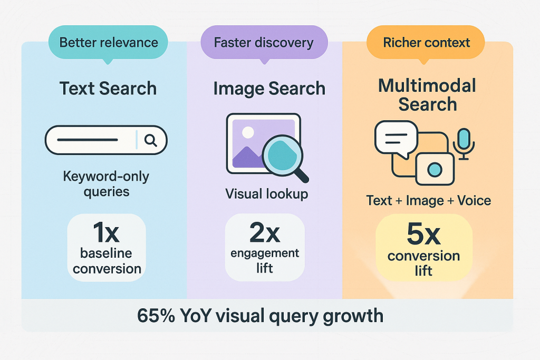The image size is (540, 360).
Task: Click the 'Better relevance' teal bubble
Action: pyautogui.click(x=108, y=42)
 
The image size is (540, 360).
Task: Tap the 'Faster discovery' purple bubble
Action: pyautogui.click(x=263, y=43)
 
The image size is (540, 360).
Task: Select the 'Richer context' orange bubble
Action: pyautogui.click(x=426, y=43)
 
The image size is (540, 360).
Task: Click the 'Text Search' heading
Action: pyautogui.click(x=108, y=88)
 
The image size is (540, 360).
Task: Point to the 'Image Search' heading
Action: pyautogui.click(x=269, y=89)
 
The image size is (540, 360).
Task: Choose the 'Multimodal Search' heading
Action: pyautogui.click(x=427, y=95)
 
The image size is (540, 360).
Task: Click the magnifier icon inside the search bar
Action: pyautogui.click(x=150, y=140)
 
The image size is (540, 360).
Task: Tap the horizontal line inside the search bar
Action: pyautogui.click(x=87, y=140)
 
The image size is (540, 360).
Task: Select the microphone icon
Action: pyautogui.click(x=464, y=141)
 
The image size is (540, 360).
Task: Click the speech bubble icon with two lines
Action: pyautogui.click(x=396, y=138)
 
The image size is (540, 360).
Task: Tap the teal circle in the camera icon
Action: pyautogui.click(x=435, y=169)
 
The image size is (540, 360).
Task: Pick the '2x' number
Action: pyautogui.click(x=264, y=232)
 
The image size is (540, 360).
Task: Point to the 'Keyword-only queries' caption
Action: pyautogui.click(x=106, y=183)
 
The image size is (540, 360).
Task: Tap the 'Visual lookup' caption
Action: pyautogui.click(x=266, y=193)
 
